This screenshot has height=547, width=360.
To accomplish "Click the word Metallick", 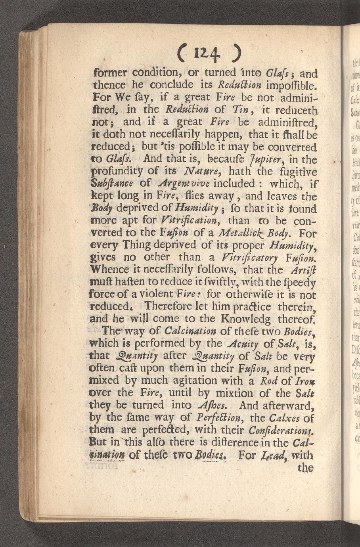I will click(235, 233).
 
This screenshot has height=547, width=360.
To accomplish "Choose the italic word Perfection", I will click(218, 417).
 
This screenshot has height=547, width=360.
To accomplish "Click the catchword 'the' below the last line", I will click(306, 468).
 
